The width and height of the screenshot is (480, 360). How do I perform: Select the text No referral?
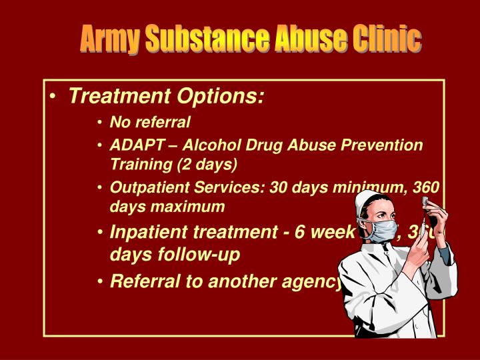click(x=150, y=122)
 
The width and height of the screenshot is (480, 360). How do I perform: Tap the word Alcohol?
click(x=208, y=145)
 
